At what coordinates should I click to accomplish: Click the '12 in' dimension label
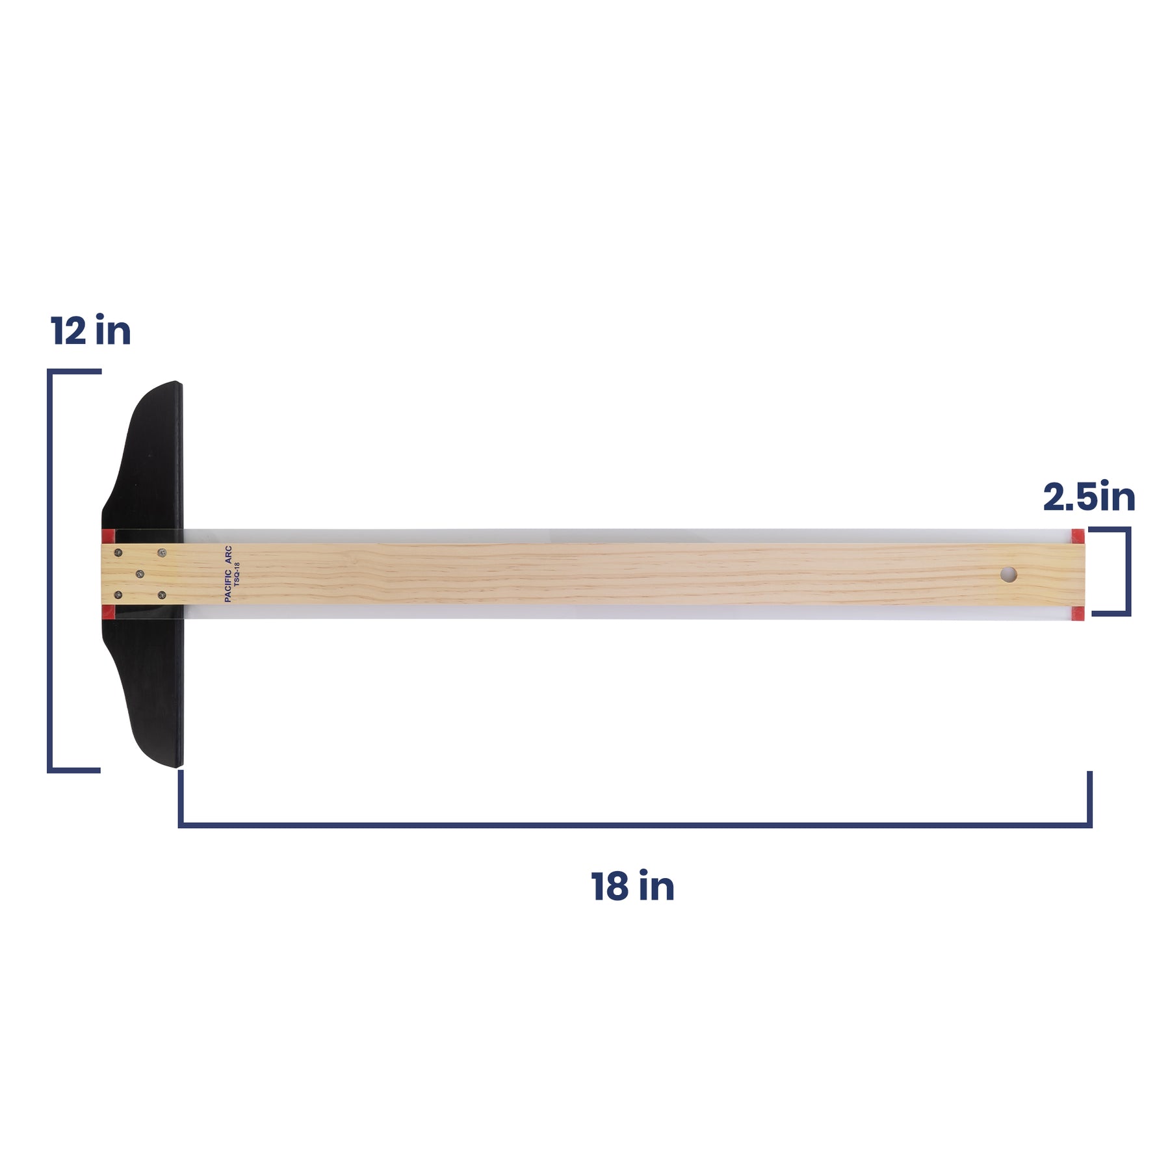coord(91,331)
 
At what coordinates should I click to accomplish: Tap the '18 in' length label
coord(632,886)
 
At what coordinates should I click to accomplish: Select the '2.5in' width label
coord(1089,497)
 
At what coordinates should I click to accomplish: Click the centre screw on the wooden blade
coord(140,574)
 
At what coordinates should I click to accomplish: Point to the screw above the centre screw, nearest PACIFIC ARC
coord(162,552)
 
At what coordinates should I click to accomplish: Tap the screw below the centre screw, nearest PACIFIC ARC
coord(162,595)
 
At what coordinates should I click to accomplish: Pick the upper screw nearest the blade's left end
coord(118,553)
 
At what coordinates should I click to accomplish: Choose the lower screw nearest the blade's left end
coord(118,594)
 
